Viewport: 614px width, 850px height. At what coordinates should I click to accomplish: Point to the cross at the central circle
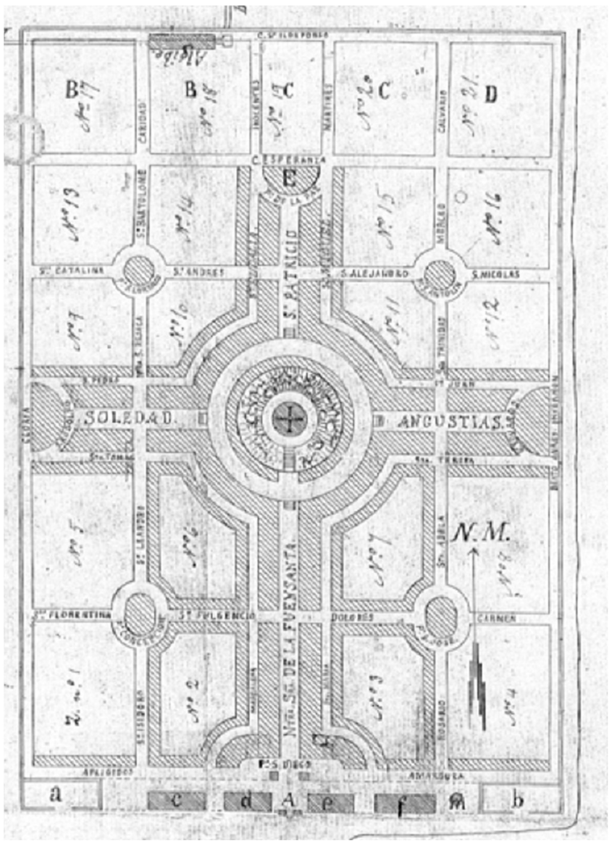click(x=290, y=418)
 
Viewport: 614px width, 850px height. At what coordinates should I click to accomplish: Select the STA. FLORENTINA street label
click(x=73, y=615)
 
